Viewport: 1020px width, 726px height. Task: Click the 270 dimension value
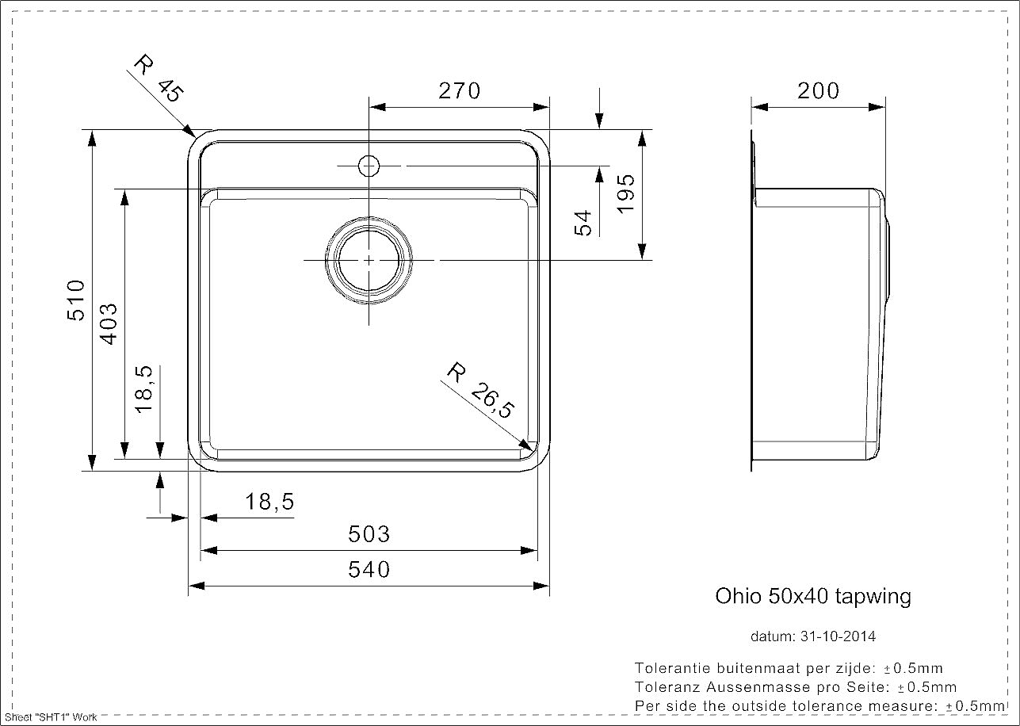pyautogui.click(x=459, y=90)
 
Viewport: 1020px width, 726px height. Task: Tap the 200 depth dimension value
pyautogui.click(x=818, y=90)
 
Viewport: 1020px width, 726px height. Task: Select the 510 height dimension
pyautogui.click(x=76, y=300)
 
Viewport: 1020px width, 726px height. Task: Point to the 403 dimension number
pyautogui.click(x=109, y=324)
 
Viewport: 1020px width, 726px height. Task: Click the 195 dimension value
pyautogui.click(x=625, y=193)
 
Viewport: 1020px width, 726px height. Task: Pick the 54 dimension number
pyautogui.click(x=583, y=223)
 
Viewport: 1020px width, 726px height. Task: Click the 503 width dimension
pyautogui.click(x=369, y=534)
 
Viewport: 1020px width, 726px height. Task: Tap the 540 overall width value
pyautogui.click(x=369, y=570)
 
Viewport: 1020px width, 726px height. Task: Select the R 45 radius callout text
pyautogui.click(x=159, y=78)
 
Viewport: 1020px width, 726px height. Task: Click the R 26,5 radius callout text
pyautogui.click(x=480, y=390)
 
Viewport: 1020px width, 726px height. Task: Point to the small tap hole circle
pyautogui.click(x=369, y=166)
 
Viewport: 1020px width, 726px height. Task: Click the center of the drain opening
pyautogui.click(x=369, y=261)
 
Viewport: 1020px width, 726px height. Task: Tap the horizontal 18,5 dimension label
pyautogui.click(x=269, y=502)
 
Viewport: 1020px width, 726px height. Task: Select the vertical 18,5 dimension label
pyautogui.click(x=144, y=389)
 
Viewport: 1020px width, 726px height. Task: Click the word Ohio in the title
pyautogui.click(x=738, y=596)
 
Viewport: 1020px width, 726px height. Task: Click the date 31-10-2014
pyautogui.click(x=838, y=636)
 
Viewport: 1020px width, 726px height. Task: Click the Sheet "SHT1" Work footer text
pyautogui.click(x=51, y=717)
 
